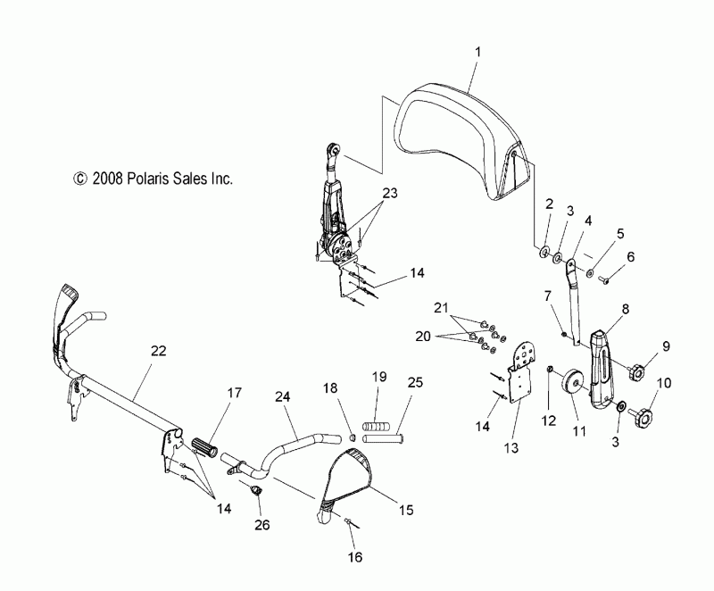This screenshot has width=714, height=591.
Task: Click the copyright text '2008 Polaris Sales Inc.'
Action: point(162,179)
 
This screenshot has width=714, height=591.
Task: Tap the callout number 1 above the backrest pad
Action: point(477,52)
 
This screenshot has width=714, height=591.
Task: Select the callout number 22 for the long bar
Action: point(159,351)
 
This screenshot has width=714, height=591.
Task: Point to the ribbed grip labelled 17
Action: point(206,445)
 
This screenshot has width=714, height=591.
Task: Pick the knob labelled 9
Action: point(635,371)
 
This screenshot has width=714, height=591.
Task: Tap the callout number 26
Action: point(262,525)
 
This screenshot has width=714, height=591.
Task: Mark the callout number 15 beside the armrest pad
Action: point(406,510)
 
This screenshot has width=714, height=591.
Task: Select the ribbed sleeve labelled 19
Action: point(376,427)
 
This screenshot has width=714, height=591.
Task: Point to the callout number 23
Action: point(389,194)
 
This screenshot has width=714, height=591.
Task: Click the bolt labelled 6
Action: point(605,282)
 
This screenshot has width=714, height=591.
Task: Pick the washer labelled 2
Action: point(544,252)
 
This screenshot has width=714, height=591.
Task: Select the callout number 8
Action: point(626,309)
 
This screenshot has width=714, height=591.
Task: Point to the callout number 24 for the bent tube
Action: point(282,396)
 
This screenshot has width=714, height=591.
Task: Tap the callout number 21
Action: point(441,308)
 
